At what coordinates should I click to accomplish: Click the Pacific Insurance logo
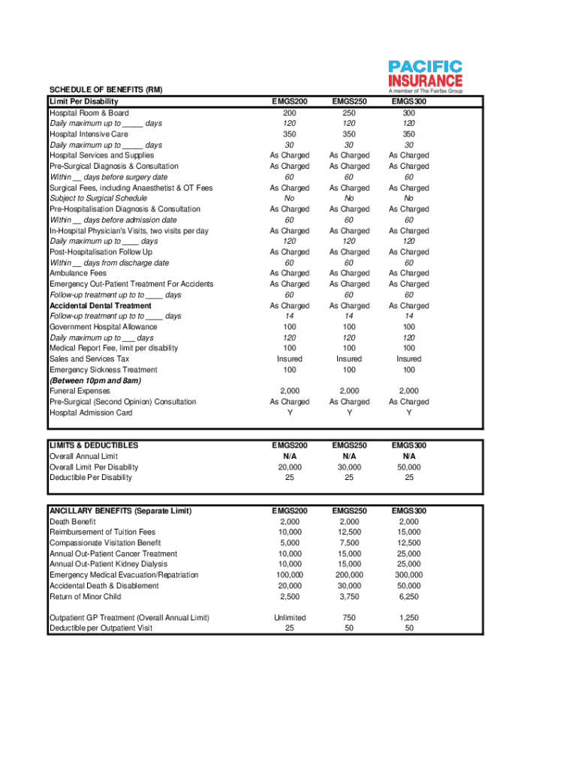pyautogui.click(x=425, y=75)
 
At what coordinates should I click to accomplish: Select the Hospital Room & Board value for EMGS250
pyautogui.click(x=349, y=112)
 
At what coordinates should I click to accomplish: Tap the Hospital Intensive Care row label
pyautogui.click(x=89, y=134)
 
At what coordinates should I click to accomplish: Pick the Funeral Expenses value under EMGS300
pyautogui.click(x=408, y=391)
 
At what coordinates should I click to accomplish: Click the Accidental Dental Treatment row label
pyautogui.click(x=100, y=306)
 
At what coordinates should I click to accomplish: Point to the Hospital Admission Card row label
pyautogui.click(x=91, y=412)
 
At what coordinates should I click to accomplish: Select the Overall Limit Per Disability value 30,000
pyautogui.click(x=349, y=466)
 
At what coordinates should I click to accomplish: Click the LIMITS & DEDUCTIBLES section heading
pyautogui.click(x=93, y=445)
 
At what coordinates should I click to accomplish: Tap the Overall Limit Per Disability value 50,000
pyautogui.click(x=408, y=466)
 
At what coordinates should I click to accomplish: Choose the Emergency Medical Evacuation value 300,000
pyautogui.click(x=408, y=574)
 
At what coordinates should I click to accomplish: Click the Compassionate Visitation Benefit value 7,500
pyautogui.click(x=349, y=542)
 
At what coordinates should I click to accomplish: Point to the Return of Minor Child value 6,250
pyautogui.click(x=408, y=596)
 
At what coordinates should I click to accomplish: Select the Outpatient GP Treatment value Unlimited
pyautogui.click(x=290, y=617)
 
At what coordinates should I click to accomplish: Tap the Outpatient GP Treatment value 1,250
pyautogui.click(x=408, y=617)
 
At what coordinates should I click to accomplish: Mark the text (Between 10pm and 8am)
pyautogui.click(x=95, y=380)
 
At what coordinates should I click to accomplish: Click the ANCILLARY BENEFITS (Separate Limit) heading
pyautogui.click(x=120, y=511)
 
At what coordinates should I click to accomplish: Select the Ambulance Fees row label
pyautogui.click(x=78, y=274)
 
